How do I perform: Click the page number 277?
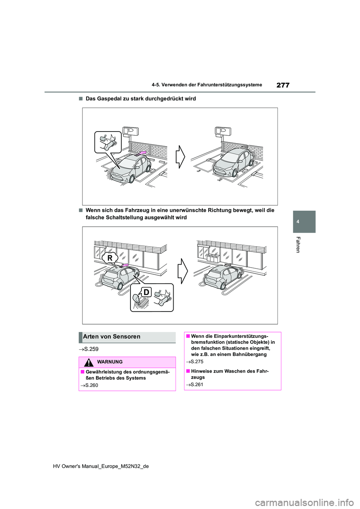point(283,85)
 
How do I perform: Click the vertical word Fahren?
point(298,245)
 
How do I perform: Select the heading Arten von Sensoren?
point(112,337)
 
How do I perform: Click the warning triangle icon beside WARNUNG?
point(88,362)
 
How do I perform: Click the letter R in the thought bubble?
point(110,258)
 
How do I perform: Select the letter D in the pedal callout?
point(146,292)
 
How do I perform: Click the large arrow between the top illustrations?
point(180,157)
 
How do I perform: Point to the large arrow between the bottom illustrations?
point(182,271)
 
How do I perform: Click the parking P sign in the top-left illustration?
point(130,131)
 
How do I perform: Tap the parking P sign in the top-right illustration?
point(223,131)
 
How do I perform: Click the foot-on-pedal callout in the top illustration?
point(108,142)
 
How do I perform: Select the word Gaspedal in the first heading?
point(109,99)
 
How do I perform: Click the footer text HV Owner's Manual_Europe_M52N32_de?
point(101,466)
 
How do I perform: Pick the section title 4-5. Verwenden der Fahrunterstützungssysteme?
point(207,85)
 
